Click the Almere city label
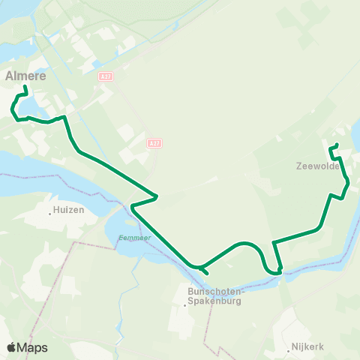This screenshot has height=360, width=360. click(x=26, y=76)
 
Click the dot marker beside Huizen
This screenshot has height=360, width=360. click(x=50, y=212)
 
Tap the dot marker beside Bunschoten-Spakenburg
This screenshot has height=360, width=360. click(x=185, y=304)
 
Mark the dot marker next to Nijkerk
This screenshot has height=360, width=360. click(x=289, y=348)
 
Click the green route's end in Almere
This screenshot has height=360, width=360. click(x=25, y=88)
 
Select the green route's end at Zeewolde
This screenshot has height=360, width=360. click(x=337, y=145)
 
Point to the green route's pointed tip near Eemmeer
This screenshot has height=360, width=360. click(x=131, y=205)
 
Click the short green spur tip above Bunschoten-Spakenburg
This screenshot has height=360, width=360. click(x=207, y=274)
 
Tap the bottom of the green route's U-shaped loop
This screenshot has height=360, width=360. click(x=271, y=273)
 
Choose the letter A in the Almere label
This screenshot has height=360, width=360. click(x=10, y=76)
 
